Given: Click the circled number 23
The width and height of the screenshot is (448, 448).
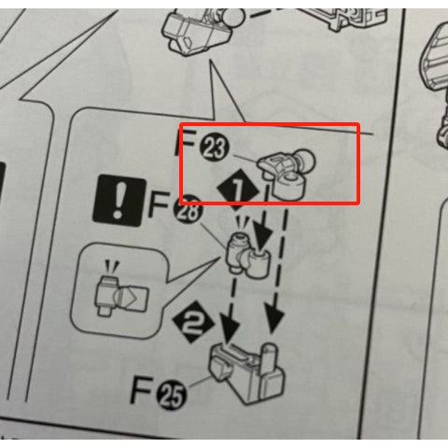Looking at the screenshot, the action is (x=215, y=148).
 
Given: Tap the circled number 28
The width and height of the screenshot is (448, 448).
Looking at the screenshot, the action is (x=189, y=209).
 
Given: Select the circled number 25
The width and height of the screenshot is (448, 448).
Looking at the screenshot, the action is (x=172, y=394).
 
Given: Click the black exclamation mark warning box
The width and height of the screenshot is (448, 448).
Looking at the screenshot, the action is (x=119, y=201).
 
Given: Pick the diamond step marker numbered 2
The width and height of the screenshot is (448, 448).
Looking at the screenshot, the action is (x=193, y=322).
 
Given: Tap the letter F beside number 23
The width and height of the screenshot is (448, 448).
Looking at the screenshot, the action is (x=187, y=143).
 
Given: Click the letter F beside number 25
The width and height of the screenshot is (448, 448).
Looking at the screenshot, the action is (x=143, y=390).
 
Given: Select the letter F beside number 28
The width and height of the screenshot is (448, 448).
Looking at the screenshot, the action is (x=161, y=204).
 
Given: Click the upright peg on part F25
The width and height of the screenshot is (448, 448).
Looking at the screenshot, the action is (x=270, y=357).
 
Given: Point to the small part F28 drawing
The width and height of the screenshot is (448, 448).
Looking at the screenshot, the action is (x=247, y=255).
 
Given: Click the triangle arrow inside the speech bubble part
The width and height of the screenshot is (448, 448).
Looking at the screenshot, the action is (x=132, y=298).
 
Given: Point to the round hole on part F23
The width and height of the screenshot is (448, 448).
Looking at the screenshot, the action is (x=291, y=177).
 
